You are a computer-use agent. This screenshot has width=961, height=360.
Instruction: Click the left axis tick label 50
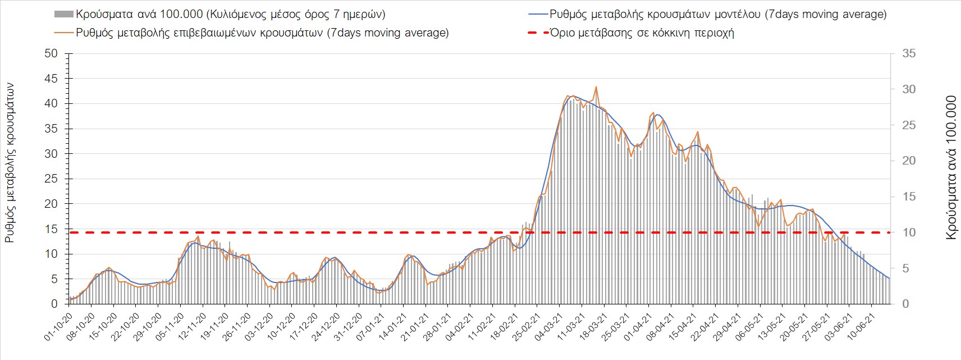(51, 53)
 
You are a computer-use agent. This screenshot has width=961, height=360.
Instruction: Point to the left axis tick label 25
(51, 179)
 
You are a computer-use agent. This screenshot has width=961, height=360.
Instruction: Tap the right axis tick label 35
(908, 53)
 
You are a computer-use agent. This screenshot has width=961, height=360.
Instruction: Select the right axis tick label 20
(908, 161)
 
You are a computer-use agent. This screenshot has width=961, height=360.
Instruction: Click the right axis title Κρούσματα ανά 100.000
(950, 168)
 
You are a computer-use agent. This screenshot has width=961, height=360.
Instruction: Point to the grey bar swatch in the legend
(63, 14)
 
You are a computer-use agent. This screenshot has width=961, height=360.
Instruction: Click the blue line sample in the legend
(537, 14)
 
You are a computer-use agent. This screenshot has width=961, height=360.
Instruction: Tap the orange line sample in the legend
(63, 33)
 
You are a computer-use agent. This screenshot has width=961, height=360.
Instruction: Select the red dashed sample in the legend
(537, 33)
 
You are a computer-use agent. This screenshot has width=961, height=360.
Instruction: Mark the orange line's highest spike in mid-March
(596, 87)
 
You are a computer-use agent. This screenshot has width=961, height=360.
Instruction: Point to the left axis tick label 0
(54, 304)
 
